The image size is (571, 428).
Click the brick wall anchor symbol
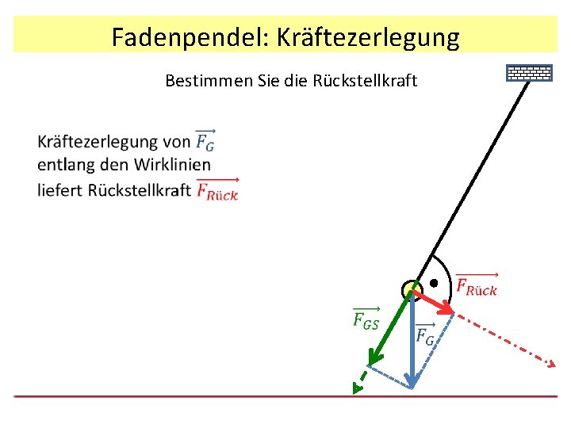529,73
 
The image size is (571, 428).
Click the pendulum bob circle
412,290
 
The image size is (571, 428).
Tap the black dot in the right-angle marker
434,283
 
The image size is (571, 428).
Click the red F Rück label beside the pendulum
477,286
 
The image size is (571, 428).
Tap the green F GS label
366,319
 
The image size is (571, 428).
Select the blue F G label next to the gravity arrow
425,335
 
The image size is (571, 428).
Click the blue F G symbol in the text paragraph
205,141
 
